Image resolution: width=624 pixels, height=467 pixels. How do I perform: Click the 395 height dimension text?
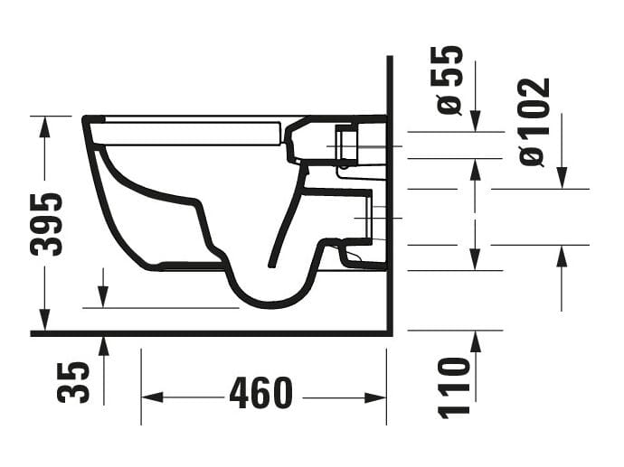point(46,223)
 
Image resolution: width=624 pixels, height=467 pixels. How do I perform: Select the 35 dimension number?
point(74,381)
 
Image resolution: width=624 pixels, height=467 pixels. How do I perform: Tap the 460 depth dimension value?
point(260,394)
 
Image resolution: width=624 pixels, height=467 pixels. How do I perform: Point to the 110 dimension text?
point(455,387)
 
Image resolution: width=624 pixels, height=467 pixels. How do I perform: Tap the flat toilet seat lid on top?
point(190,132)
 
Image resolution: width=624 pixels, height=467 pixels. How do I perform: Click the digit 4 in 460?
point(241,394)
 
